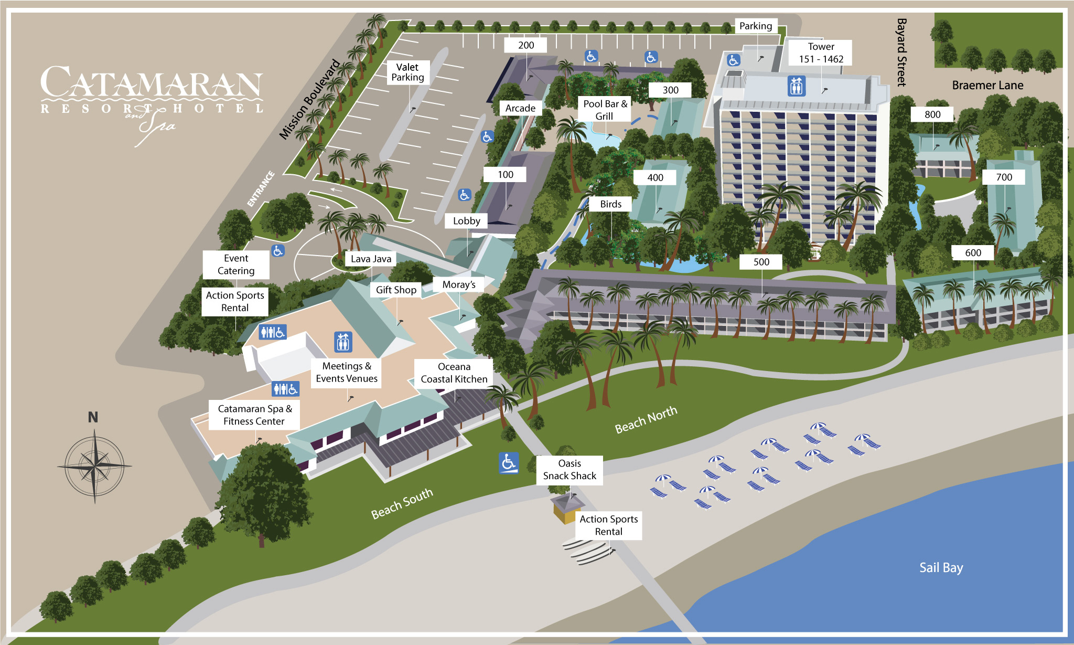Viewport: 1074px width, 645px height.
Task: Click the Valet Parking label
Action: click(x=407, y=72)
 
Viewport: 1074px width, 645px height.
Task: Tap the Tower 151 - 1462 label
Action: click(x=821, y=52)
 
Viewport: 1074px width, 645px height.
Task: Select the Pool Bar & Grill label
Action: click(x=605, y=110)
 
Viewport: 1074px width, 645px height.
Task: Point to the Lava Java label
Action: click(x=371, y=259)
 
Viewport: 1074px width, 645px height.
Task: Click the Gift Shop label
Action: click(x=396, y=290)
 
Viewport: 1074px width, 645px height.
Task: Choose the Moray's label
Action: click(x=459, y=284)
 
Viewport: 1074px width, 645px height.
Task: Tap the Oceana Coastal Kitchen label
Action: click(x=454, y=373)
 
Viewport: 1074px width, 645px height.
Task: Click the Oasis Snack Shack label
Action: click(x=570, y=470)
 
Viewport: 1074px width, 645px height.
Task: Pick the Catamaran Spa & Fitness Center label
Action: click(x=255, y=415)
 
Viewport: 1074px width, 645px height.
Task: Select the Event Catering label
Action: click(x=236, y=265)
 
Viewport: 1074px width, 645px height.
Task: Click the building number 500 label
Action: click(x=761, y=262)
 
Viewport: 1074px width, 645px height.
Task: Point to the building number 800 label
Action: click(x=932, y=114)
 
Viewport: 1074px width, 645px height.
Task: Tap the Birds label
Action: click(x=611, y=204)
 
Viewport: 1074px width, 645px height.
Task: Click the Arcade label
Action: click(x=520, y=108)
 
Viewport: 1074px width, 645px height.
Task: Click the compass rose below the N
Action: click(x=94, y=466)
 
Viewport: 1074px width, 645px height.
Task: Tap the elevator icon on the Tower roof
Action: click(x=796, y=86)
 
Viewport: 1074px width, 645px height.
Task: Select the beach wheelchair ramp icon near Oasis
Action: click(x=509, y=463)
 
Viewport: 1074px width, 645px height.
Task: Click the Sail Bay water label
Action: click(x=941, y=568)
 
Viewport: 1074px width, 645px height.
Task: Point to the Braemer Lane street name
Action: click(x=987, y=85)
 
